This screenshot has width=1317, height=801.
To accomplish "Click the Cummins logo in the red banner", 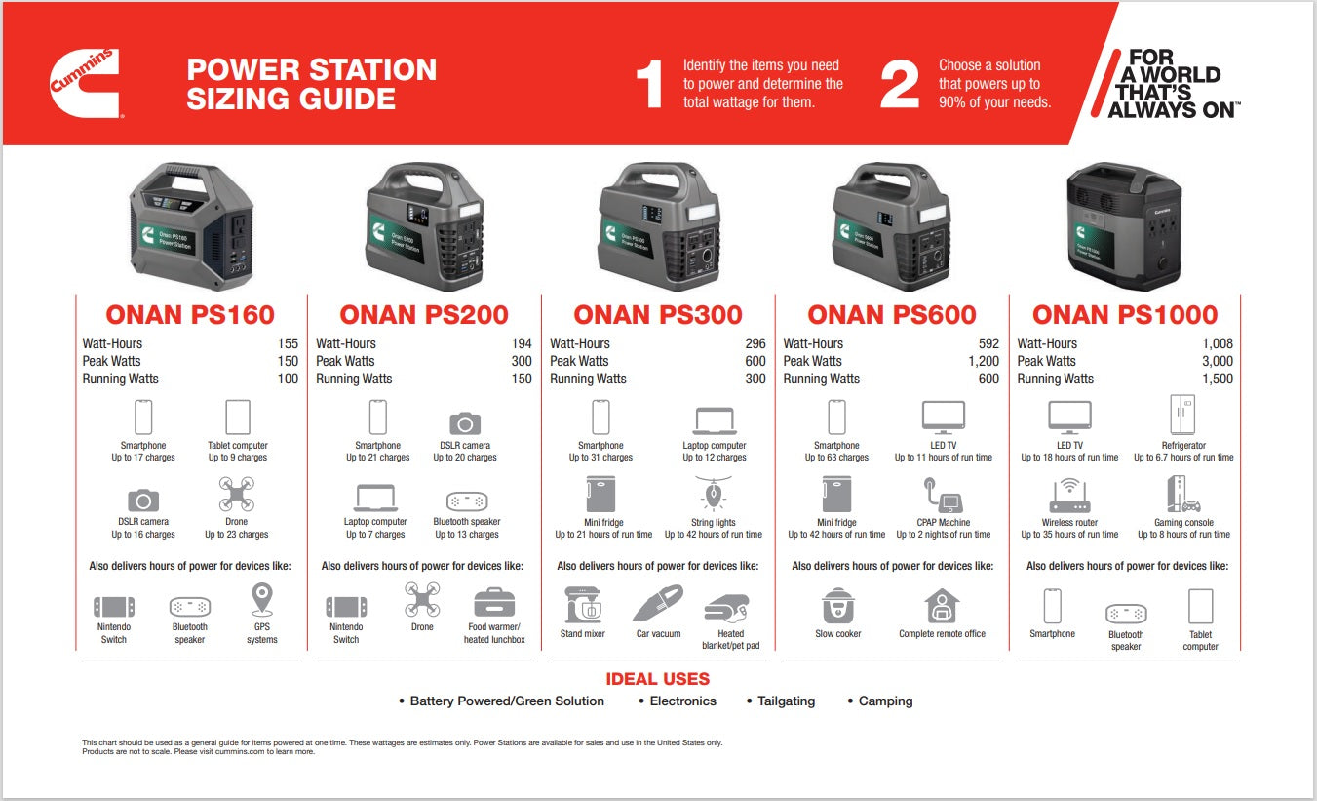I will (x=85, y=84).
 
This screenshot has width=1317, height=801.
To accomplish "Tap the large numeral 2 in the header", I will (x=899, y=85).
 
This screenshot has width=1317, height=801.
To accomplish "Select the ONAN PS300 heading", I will (x=658, y=315).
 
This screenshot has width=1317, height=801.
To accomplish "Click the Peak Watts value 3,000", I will (x=1216, y=361).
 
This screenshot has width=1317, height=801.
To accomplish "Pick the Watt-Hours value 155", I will (x=288, y=343).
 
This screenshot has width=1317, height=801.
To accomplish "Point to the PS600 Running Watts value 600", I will (x=988, y=379).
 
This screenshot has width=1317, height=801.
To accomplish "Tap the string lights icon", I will (x=713, y=494).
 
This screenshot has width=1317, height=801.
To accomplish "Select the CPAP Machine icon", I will (x=943, y=495).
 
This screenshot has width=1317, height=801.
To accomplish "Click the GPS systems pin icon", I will (x=261, y=600).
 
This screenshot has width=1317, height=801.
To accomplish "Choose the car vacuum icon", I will (x=658, y=604).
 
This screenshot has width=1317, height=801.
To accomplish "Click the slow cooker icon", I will (x=837, y=606).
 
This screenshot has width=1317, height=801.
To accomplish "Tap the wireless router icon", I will (x=1068, y=495).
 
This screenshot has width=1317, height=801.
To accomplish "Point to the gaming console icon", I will (x=1182, y=495).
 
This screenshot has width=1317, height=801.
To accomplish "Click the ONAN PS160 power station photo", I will (x=190, y=226).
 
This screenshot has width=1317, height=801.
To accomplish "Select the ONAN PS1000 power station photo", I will (x=1124, y=225).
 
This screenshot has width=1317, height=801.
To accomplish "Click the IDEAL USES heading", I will (x=658, y=679).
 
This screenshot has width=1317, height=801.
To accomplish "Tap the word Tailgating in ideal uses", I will (x=786, y=701).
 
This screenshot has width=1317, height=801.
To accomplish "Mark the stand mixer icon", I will (x=583, y=605).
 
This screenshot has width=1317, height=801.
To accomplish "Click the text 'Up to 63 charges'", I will (x=836, y=458).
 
